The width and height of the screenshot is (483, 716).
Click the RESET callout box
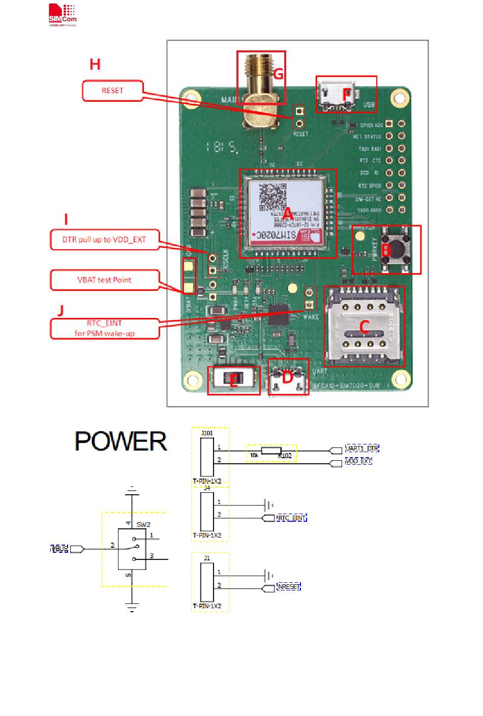pyautogui.click(x=112, y=91)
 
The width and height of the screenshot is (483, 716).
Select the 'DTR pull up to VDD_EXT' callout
pyautogui.click(x=104, y=240)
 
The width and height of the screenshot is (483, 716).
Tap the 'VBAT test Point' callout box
pyautogui.click(x=104, y=280)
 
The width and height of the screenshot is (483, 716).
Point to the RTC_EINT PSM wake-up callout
pyautogui.click(x=104, y=329)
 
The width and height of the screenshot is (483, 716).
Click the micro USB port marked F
pyautogui.click(x=336, y=94)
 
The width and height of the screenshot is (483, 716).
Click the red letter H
pyautogui.click(x=95, y=65)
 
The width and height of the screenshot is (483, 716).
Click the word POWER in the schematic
pyautogui.click(x=121, y=441)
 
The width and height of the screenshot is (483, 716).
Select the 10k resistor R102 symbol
pyautogui.click(x=271, y=451)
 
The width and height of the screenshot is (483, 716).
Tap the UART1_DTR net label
pyautogui.click(x=361, y=448)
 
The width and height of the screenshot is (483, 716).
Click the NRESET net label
pyautogui.click(x=288, y=587)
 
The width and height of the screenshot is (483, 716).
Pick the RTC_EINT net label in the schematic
pyautogui.click(x=291, y=518)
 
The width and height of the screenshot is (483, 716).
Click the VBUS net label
pyautogui.click(x=59, y=549)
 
